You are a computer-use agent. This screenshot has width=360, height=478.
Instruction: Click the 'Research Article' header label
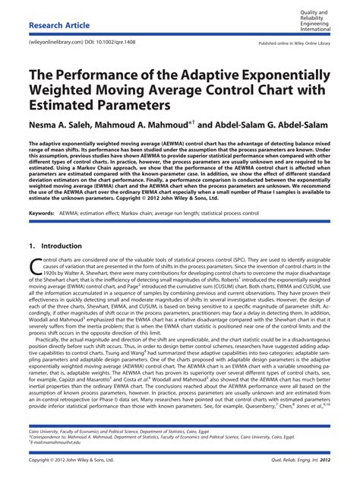pos(57,25)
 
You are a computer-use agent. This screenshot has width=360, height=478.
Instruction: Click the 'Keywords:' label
pos(40,214)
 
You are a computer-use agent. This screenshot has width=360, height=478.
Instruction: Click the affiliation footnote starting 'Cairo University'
pos(114,431)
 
